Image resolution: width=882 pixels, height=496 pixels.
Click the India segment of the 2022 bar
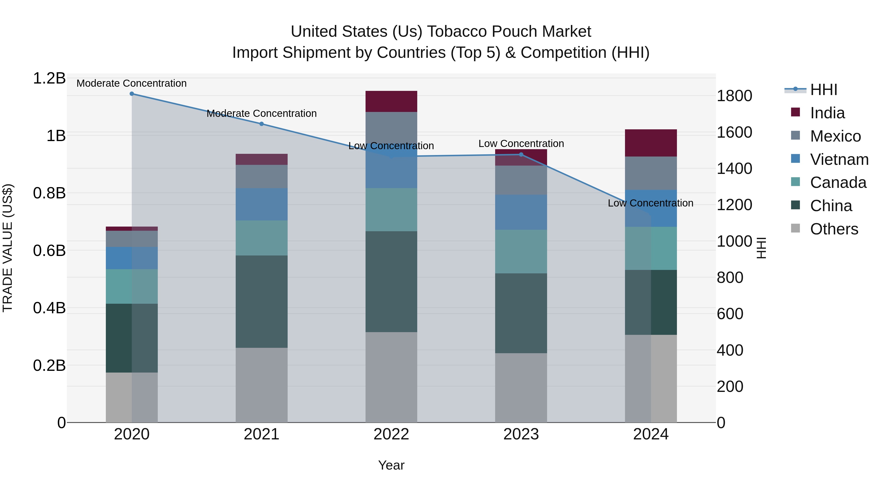[x=391, y=101]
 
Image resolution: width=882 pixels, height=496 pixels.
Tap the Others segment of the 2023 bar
[x=521, y=387]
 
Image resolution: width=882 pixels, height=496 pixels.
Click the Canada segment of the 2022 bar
[x=391, y=209]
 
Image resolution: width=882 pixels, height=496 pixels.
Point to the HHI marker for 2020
[x=132, y=94]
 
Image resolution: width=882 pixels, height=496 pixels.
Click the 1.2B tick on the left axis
[x=49, y=78]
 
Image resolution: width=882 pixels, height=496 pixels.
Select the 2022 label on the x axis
[x=391, y=434]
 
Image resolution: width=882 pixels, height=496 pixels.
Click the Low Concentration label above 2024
[x=650, y=203]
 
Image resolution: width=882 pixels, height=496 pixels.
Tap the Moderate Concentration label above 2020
[x=132, y=83]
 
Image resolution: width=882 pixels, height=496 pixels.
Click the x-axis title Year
[x=391, y=465]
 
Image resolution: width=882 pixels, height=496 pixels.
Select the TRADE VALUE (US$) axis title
[x=8, y=248]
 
